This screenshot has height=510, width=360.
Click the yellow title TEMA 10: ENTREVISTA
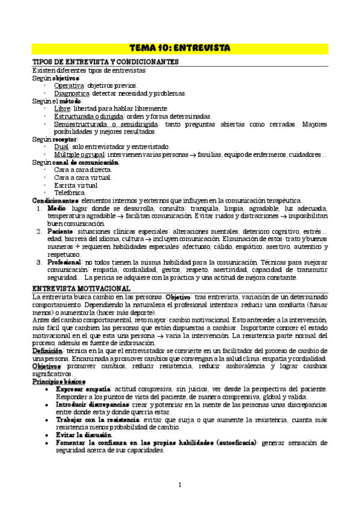click(180, 48)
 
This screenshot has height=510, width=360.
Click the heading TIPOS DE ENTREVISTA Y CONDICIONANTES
click(105, 63)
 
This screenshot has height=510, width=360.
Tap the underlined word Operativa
click(68, 85)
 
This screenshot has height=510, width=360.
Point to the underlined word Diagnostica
click(72, 93)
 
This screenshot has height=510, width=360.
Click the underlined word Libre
click(62, 108)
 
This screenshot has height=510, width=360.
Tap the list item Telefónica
click(70, 192)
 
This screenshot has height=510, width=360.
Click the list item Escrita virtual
click(75, 185)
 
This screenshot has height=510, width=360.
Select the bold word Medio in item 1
click(56, 207)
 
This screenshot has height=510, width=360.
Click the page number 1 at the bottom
click(180, 484)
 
